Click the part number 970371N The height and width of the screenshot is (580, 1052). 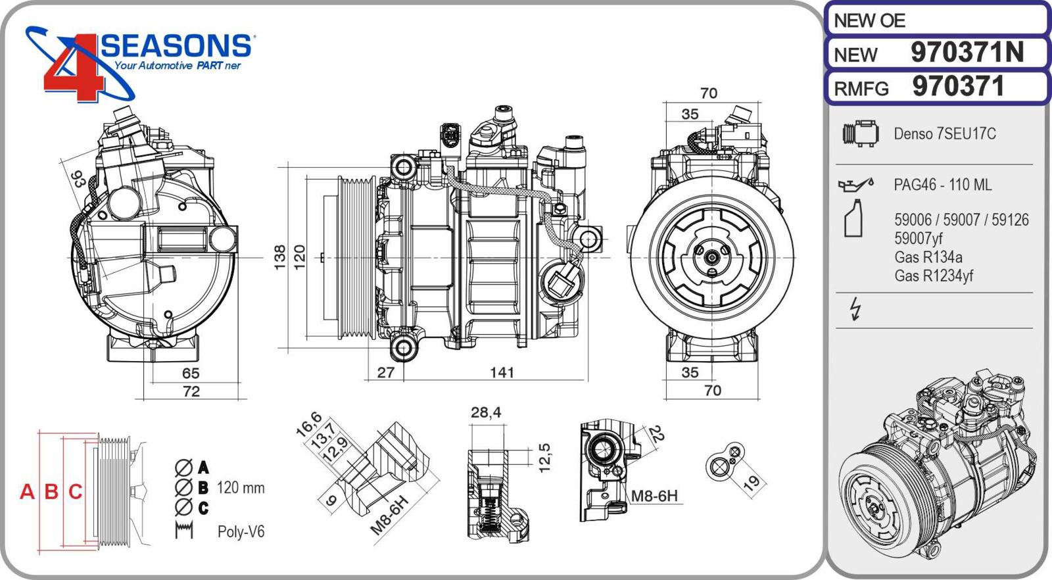967,53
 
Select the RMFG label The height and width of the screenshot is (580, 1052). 861,89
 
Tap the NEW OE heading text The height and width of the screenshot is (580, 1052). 869,21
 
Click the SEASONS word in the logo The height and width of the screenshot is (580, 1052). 176,46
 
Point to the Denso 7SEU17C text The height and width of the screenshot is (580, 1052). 944,134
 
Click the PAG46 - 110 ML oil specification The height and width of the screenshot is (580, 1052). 942,185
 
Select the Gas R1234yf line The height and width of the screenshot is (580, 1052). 933,276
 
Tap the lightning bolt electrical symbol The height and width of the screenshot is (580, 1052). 855,308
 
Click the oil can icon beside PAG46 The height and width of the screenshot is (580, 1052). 855,184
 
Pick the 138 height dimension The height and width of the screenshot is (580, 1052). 280,257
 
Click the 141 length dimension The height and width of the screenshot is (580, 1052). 502,373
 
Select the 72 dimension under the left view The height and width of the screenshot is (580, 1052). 191,391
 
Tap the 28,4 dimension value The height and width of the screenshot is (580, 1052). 486,412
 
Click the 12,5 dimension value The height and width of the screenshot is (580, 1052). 544,458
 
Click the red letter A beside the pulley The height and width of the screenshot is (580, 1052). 27,492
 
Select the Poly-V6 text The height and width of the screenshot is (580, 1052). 241,531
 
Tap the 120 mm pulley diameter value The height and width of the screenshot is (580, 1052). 241,488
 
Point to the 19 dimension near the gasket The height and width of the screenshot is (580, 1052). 751,483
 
